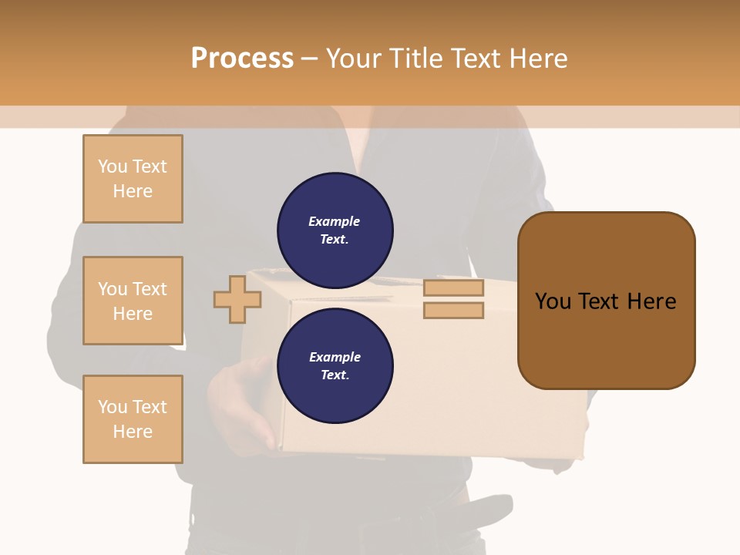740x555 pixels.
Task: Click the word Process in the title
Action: click(242, 59)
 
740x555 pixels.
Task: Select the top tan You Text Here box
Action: click(133, 179)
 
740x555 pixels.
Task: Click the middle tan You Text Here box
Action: click(133, 301)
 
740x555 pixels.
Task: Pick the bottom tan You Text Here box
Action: click(133, 419)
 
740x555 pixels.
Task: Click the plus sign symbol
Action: click(237, 299)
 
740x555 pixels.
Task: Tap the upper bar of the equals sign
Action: click(453, 288)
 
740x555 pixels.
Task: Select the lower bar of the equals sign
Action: click(453, 311)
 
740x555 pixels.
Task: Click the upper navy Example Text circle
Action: click(335, 230)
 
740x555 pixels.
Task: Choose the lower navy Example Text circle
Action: click(335, 365)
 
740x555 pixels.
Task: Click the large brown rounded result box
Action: click(606, 301)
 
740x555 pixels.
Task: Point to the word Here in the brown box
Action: click(651, 301)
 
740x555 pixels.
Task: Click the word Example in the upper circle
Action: click(335, 221)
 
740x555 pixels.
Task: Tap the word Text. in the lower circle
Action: click(335, 375)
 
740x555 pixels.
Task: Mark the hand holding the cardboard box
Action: click(239, 401)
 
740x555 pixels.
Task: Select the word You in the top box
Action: click(113, 166)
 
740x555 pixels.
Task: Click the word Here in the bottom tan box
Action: click(133, 432)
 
